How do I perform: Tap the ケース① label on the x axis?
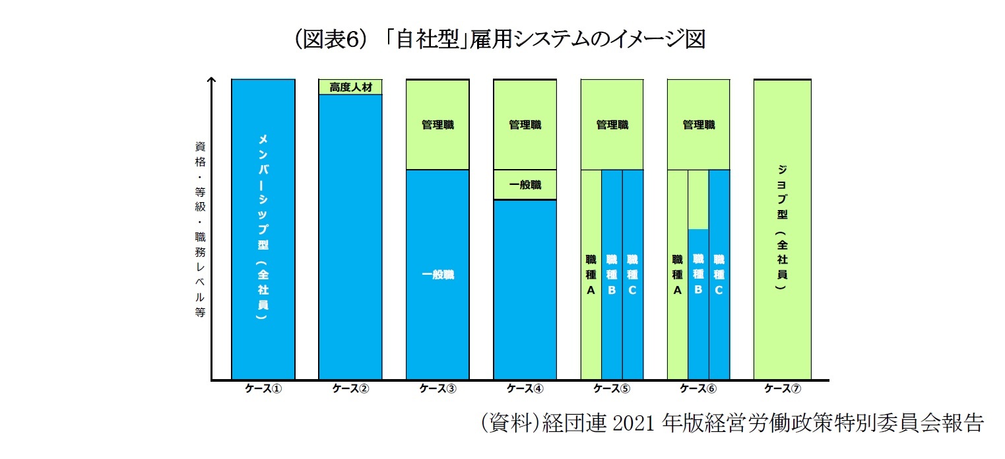(x=263, y=389)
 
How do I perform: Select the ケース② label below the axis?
(x=350, y=389)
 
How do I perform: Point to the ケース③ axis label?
(x=438, y=389)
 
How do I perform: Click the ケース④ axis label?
(x=525, y=389)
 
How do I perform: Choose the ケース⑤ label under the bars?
(x=612, y=389)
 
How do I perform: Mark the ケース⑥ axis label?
(x=698, y=389)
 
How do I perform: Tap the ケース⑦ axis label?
(x=783, y=389)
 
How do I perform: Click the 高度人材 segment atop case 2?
(x=350, y=87)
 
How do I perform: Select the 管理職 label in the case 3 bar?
(x=438, y=125)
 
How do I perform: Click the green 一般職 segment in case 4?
(x=525, y=185)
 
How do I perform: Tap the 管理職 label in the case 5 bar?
(x=612, y=125)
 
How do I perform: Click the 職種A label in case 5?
(x=591, y=274)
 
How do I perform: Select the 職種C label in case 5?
(x=632, y=274)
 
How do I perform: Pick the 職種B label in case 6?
(x=698, y=274)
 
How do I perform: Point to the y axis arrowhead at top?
(x=212, y=81)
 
